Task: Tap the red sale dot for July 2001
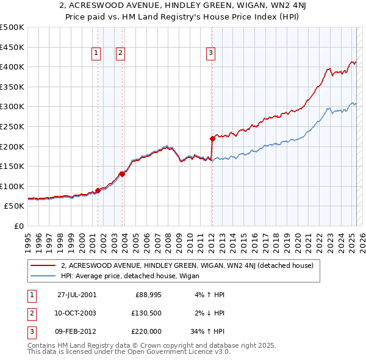[x=98, y=190]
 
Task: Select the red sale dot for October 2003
[x=122, y=174]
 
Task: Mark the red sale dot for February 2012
[x=212, y=138]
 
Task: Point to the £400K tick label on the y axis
[x=13, y=67]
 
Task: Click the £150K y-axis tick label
[x=13, y=166]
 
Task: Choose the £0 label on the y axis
[x=19, y=226]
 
